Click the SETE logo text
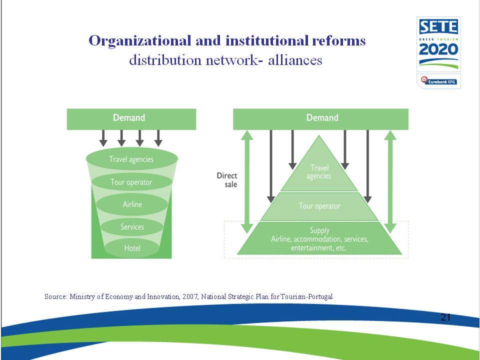pos(438,27)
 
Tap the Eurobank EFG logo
pos(438,81)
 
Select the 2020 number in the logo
pos(438,49)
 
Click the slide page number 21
pos(445,317)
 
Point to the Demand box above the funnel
pos(131,119)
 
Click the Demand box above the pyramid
pos(320,119)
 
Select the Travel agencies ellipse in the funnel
pos(132,159)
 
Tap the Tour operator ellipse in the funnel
pos(131,182)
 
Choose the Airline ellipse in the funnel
pos(132,204)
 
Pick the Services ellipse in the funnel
pos(132,227)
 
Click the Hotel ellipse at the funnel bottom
pos(132,248)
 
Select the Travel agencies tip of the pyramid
pos(319,171)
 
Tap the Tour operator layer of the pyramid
pos(319,206)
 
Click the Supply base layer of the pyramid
pos(319,238)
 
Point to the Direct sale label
pos(227,180)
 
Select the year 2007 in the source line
pos(189,296)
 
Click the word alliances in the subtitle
pos(295,60)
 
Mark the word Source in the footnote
pos(55,296)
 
